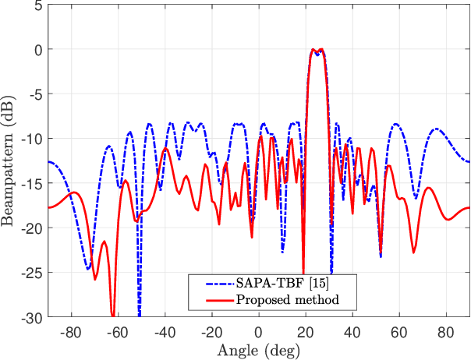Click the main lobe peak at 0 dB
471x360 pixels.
313,49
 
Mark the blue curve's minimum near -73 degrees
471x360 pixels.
88,269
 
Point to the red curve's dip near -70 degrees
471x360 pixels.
95,279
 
